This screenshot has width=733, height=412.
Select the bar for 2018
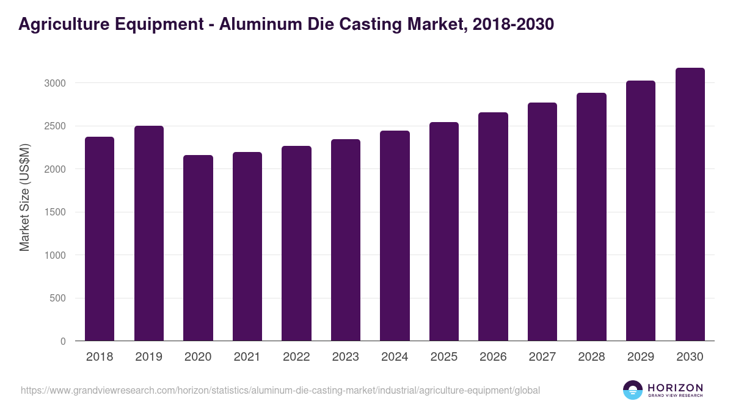pyautogui.click(x=100, y=239)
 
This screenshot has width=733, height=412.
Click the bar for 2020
pyautogui.click(x=198, y=248)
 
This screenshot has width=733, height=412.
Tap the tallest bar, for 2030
pyautogui.click(x=690, y=204)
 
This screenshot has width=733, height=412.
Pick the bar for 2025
pyautogui.click(x=443, y=231)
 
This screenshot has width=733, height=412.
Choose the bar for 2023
pyautogui.click(x=346, y=240)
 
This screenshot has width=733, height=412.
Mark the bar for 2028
pyautogui.click(x=591, y=217)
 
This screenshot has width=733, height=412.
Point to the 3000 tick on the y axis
pyautogui.click(x=54, y=83)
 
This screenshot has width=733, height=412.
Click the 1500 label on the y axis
pyautogui.click(x=54, y=212)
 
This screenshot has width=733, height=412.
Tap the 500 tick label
pyautogui.click(x=57, y=298)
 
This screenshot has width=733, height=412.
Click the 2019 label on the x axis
pyautogui.click(x=148, y=357)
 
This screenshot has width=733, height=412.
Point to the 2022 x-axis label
pyautogui.click(x=296, y=357)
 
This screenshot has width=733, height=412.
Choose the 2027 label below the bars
pyautogui.click(x=542, y=357)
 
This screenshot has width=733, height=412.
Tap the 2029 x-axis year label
pyautogui.click(x=641, y=357)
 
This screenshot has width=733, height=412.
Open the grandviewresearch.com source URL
pyautogui.click(x=280, y=390)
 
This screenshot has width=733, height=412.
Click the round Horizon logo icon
pyautogui.click(x=633, y=390)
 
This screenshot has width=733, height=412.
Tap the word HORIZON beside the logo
pyautogui.click(x=675, y=387)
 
